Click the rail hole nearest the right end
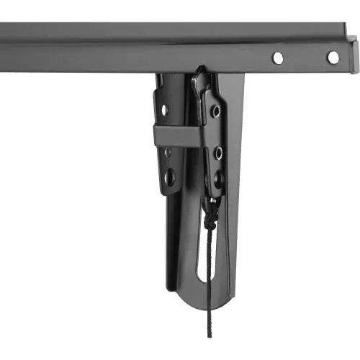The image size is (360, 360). pos(333,57)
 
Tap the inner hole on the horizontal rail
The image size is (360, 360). pos(278,57)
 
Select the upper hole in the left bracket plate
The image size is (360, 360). pos(165,110)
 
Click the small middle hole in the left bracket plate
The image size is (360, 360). pos(166,152)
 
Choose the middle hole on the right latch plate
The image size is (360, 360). pos(217,152)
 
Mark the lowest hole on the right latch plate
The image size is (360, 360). pos(217,175)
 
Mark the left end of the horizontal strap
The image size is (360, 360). pos(156,135)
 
